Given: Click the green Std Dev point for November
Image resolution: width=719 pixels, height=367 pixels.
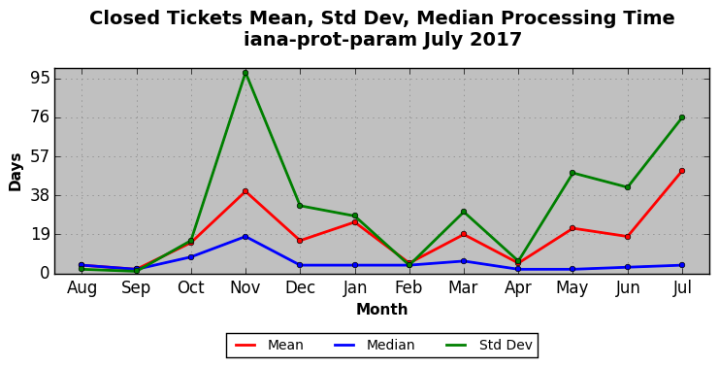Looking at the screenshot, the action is pos(245,73).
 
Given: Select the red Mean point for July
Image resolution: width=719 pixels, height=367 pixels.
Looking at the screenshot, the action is pos(682,171).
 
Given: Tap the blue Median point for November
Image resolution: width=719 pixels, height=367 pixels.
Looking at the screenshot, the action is pos(245,237).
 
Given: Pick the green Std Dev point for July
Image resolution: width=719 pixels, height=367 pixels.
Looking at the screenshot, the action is pos(682,117).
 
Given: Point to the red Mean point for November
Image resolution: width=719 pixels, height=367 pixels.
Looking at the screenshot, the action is pos(245,191).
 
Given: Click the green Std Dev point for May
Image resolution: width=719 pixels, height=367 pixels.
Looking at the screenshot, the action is pos(572,173).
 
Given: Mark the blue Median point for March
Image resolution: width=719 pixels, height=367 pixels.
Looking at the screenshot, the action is pos(464,261).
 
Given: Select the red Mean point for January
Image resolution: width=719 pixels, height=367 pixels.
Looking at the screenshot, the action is pos(354,222).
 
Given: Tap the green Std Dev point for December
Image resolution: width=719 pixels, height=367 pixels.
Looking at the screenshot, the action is pos(300,206).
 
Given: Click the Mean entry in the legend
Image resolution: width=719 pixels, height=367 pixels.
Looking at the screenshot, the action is pos(269,345).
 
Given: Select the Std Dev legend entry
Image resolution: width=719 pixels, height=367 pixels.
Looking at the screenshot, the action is pos(488,345).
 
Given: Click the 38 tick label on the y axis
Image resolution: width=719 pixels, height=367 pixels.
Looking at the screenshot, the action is pos(39,195).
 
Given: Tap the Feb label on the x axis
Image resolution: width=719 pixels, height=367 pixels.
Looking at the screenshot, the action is pos(409,287).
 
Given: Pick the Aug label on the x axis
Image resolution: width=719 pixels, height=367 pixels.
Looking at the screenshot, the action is pos(82,288).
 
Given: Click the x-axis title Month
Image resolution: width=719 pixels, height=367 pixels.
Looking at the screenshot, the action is pos(382,309).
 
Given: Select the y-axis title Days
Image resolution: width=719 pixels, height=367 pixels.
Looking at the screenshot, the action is pos(16,172).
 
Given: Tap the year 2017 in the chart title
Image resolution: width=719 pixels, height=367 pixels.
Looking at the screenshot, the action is pos(499,39).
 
